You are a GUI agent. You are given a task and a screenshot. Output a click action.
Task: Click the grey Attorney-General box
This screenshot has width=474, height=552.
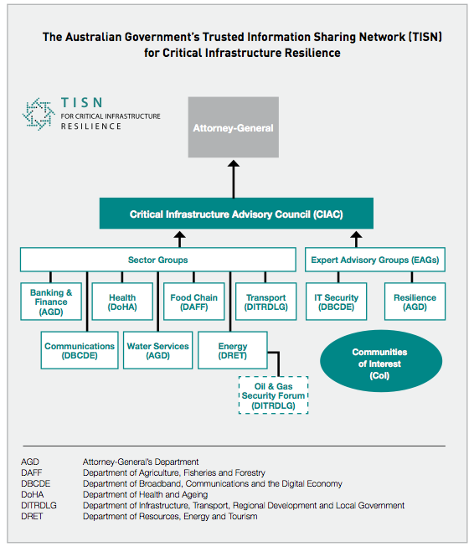point(234,128)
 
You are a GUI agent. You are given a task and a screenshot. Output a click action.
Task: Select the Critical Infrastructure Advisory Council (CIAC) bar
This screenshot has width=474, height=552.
point(236,214)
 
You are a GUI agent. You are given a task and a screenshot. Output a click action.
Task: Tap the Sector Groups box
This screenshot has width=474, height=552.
point(157,260)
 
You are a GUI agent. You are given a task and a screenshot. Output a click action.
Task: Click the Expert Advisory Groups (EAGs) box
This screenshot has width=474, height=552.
point(374,260)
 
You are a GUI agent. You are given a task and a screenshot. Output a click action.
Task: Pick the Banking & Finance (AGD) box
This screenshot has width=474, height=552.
point(51,302)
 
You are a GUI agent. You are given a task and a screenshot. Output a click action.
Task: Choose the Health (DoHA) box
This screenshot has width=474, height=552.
point(121,302)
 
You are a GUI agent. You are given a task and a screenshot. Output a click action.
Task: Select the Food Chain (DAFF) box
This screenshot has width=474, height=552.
point(193,302)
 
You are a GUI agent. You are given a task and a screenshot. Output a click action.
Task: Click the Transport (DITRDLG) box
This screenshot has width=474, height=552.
point(265,302)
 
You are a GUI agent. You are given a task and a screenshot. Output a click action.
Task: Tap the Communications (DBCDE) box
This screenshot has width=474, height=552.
point(80,350)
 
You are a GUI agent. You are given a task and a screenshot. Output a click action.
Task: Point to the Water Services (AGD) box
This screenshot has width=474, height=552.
point(157,350)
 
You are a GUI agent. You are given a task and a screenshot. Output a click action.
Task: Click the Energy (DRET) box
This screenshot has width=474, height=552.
point(232,350)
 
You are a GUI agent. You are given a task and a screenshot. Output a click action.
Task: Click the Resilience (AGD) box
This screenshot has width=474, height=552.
point(415,302)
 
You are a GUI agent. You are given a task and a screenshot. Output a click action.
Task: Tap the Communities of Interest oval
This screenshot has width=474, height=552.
point(379,364)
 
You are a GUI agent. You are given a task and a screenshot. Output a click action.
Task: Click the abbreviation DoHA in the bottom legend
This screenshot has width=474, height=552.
point(33,495)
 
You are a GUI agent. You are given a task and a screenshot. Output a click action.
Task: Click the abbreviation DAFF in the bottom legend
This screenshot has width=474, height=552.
point(32,473)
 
